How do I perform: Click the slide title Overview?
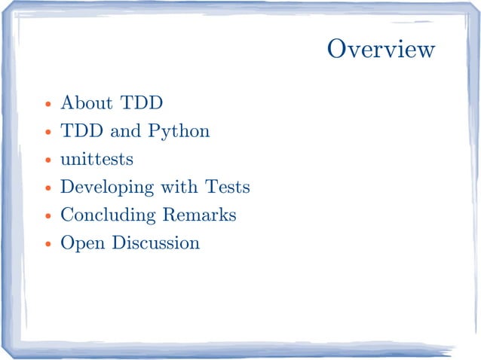tap(381, 50)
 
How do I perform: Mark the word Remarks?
tap(199, 215)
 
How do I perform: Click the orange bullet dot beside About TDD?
tap(48, 104)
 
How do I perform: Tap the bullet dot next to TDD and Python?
tap(48, 133)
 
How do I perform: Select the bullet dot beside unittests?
tap(48, 160)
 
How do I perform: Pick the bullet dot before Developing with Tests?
tap(48, 188)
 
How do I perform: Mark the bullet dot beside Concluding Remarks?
tap(48, 217)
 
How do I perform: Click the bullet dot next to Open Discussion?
tap(48, 245)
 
